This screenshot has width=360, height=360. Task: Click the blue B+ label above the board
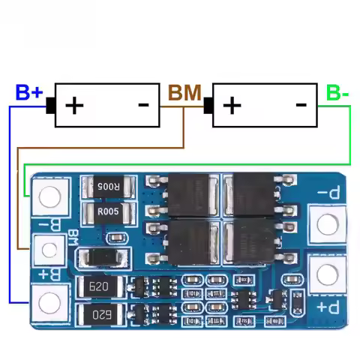pos(29,93)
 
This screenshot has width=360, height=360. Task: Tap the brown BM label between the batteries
pos(184,93)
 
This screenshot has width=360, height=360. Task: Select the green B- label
pos(337,93)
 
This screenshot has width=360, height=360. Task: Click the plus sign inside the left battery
pos(74,105)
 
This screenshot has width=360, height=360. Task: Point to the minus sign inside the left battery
pos(145,105)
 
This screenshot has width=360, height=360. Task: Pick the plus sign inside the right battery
pos(232,105)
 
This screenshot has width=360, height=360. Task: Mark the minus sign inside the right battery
pos(301,105)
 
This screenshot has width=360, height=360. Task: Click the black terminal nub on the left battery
pos(51,106)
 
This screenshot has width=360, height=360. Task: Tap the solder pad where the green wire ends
pos(49,196)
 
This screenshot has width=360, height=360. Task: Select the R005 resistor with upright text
pos(110,213)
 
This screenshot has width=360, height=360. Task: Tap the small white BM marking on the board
pos(73,238)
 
